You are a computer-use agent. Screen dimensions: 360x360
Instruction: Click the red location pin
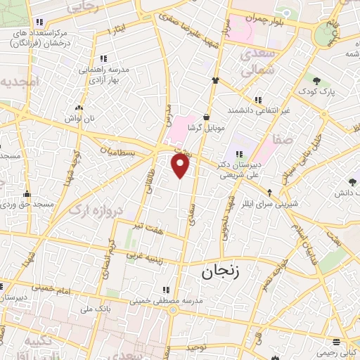(181, 165)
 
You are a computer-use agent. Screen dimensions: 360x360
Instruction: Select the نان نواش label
(79, 120)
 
